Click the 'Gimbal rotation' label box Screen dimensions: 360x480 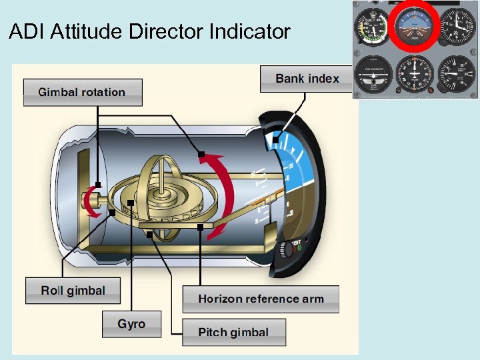click(x=83, y=92)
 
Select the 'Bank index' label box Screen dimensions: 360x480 click(x=307, y=79)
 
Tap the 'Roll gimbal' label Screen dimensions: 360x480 click(x=73, y=290)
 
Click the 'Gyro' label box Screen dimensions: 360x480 click(x=131, y=324)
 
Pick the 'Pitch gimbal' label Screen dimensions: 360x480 click(x=233, y=332)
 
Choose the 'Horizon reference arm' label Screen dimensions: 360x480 click(x=261, y=299)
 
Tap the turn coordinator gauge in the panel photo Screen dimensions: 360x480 click(x=374, y=74)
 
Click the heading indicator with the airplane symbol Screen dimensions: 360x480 click(x=415, y=74)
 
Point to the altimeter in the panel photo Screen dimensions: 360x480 click(x=457, y=27)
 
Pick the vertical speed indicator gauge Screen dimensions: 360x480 click(x=457, y=74)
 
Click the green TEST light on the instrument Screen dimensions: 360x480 click(x=299, y=248)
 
